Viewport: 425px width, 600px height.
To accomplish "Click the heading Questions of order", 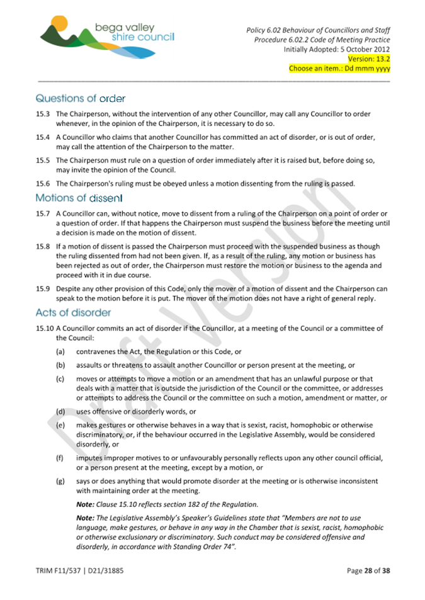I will click(81, 98).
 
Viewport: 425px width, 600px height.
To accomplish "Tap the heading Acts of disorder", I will click(73, 312).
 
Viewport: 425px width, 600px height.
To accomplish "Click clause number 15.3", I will click(43, 114).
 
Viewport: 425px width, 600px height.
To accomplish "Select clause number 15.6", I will click(43, 184).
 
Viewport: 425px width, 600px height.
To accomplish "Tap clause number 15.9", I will click(43, 289).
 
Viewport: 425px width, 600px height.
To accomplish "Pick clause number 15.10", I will click(45, 328).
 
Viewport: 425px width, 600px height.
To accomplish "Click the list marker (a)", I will click(60, 353).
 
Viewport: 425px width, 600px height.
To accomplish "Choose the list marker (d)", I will click(60, 411).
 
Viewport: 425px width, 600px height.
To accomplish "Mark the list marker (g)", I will click(60, 481).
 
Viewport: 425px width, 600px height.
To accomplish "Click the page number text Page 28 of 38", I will click(368, 571).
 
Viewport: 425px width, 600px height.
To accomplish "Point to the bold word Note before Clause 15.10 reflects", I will click(86, 504).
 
